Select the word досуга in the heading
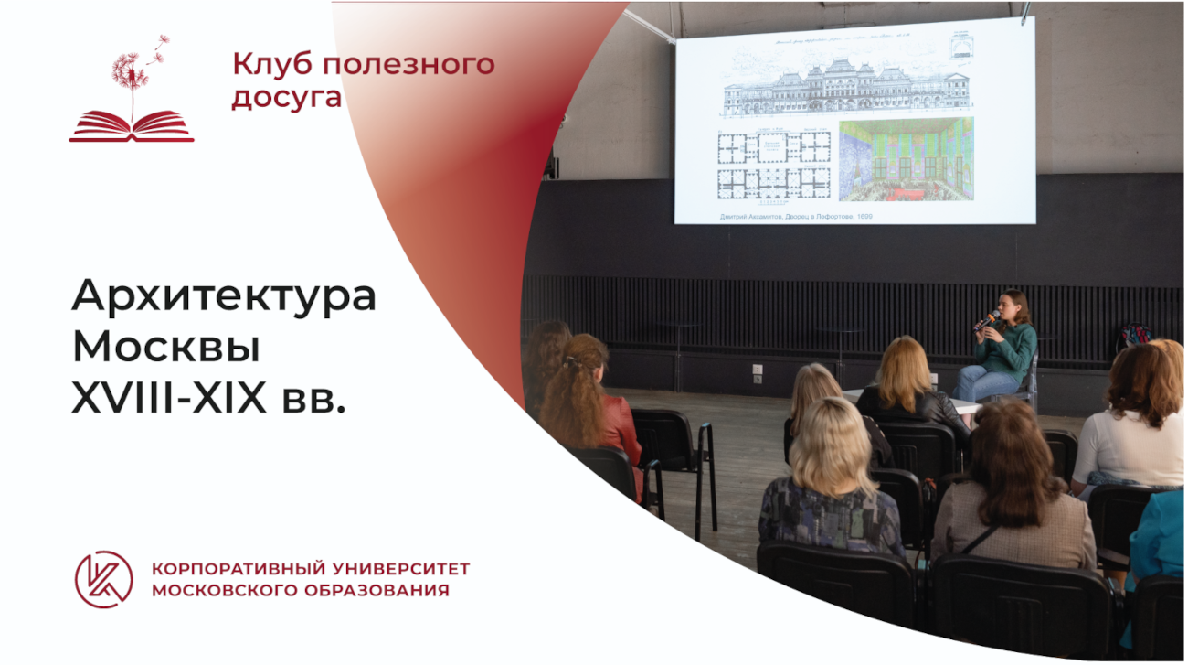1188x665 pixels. tap(286, 97)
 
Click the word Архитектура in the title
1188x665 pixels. tap(224, 296)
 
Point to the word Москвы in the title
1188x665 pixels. tap(166, 348)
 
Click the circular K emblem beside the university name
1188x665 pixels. tap(103, 579)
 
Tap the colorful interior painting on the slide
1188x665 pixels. tap(906, 159)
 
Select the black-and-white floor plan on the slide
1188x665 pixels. tap(773, 165)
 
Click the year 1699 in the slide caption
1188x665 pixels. tap(861, 217)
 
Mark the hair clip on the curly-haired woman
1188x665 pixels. tap(574, 361)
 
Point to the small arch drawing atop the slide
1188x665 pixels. tap(960, 43)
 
